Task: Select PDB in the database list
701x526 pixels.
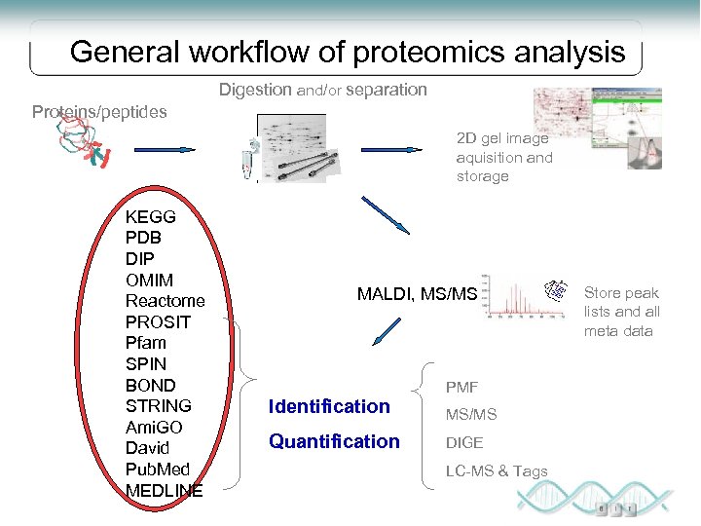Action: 143,238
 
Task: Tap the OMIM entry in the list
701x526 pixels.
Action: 149,280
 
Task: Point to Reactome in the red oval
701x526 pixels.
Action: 165,301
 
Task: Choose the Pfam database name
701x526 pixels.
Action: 146,343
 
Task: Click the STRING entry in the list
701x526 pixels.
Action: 158,406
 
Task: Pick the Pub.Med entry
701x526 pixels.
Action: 158,470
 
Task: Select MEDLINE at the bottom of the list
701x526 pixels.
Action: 164,491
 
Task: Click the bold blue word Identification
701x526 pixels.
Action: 329,406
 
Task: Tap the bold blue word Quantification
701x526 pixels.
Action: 334,441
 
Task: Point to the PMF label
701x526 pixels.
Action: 461,388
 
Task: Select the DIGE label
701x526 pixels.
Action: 464,442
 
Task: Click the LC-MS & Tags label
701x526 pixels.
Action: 497,471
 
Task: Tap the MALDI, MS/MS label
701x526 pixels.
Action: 417,294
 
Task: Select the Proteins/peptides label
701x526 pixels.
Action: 99,111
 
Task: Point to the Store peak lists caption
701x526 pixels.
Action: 621,312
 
